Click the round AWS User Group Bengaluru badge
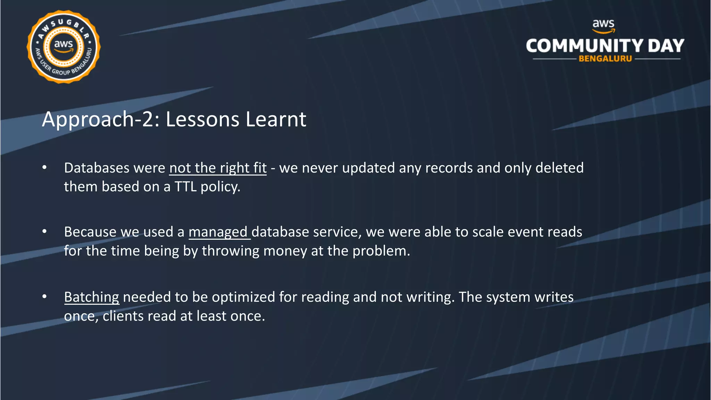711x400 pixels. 64,47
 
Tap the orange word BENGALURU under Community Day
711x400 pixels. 605,59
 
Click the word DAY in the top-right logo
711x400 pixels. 666,46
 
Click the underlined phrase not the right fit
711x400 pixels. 218,168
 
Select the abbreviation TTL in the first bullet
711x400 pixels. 185,187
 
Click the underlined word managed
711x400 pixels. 218,232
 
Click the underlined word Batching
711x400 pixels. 92,297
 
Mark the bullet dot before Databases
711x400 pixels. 44,167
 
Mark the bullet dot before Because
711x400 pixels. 44,231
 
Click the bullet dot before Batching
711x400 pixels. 44,297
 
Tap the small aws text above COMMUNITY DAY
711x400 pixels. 603,24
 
